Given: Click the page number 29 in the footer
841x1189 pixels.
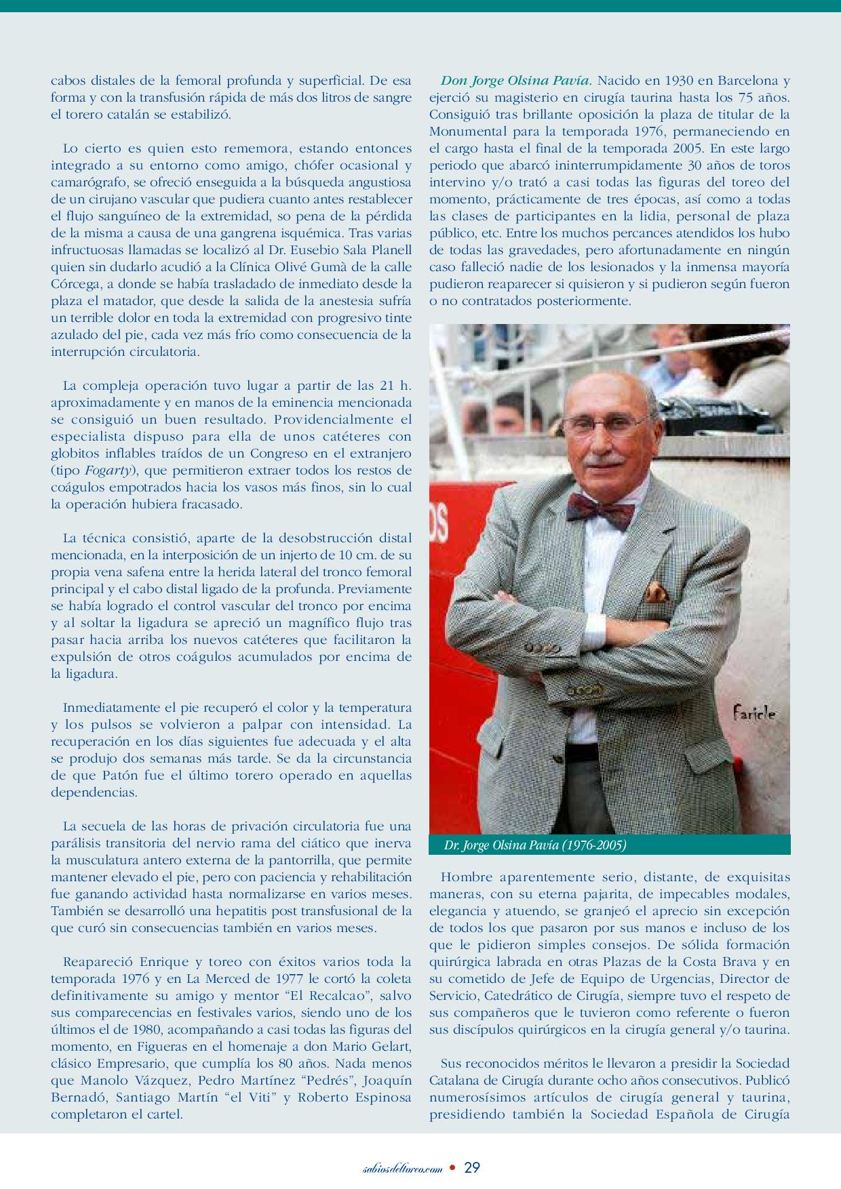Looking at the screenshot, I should click(x=473, y=1167).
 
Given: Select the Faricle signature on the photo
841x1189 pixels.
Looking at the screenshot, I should click(x=754, y=713).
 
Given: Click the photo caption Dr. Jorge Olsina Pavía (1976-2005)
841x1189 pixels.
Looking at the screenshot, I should click(x=534, y=845).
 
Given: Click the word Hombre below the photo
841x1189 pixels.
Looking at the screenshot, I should click(x=465, y=877).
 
